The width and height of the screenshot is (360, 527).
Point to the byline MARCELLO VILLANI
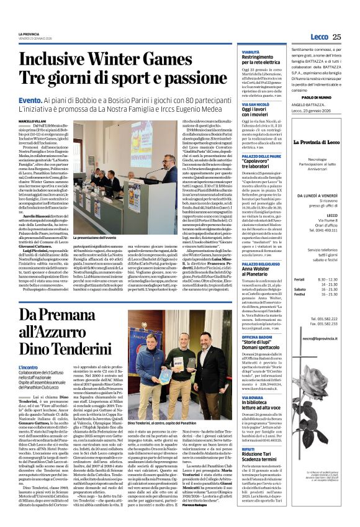coord(33,120)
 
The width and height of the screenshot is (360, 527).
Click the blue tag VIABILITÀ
coord(250,52)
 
